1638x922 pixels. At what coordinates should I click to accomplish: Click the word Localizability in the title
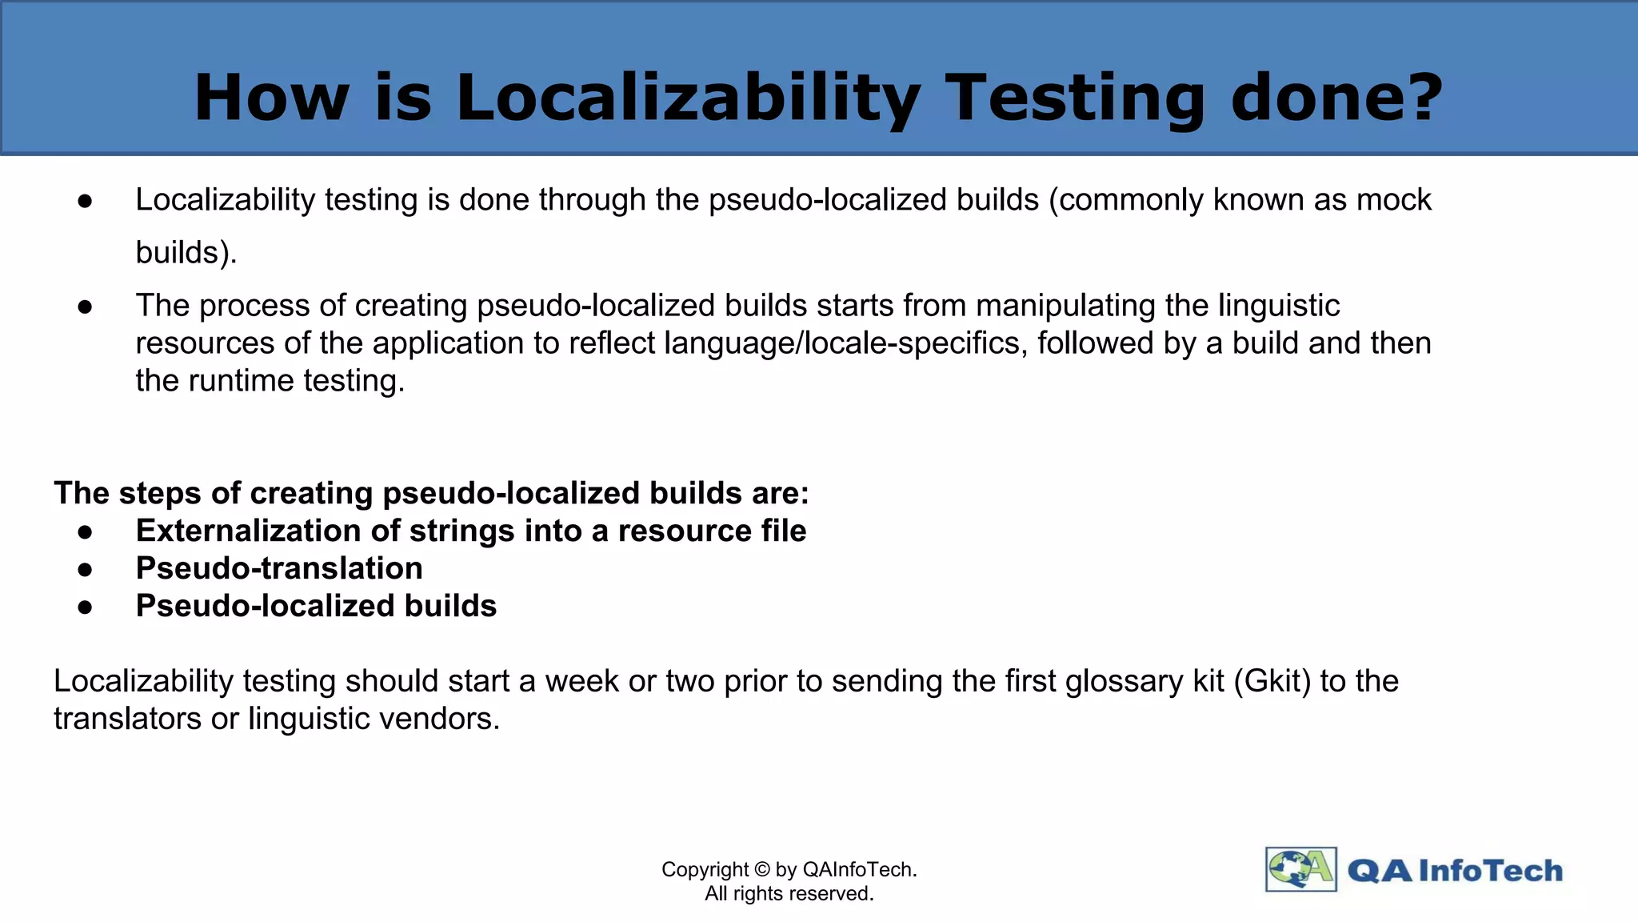(688, 98)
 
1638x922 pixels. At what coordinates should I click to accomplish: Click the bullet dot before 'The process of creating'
(86, 307)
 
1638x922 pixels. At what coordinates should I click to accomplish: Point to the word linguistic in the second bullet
(1279, 306)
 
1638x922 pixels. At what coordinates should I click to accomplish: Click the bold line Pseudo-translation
(279, 568)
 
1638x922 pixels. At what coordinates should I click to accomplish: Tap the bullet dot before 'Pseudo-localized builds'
(86, 607)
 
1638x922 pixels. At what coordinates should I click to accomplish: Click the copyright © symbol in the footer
(761, 869)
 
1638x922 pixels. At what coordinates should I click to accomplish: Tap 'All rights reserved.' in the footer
(789, 894)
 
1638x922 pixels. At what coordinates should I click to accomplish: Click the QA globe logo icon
(1300, 869)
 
